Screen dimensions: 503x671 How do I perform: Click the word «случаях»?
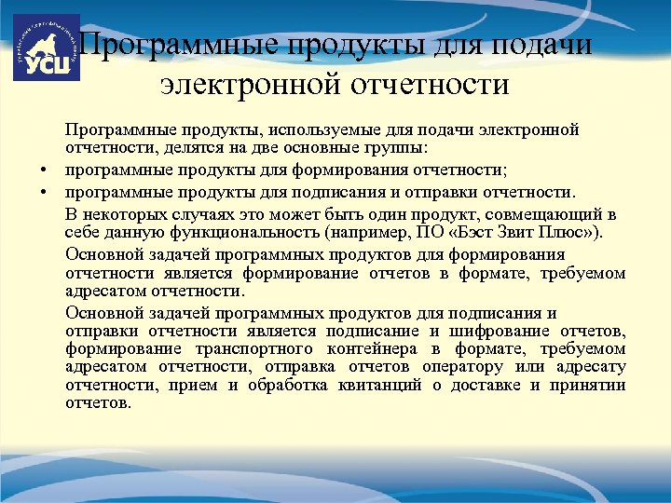[x=205, y=212]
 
